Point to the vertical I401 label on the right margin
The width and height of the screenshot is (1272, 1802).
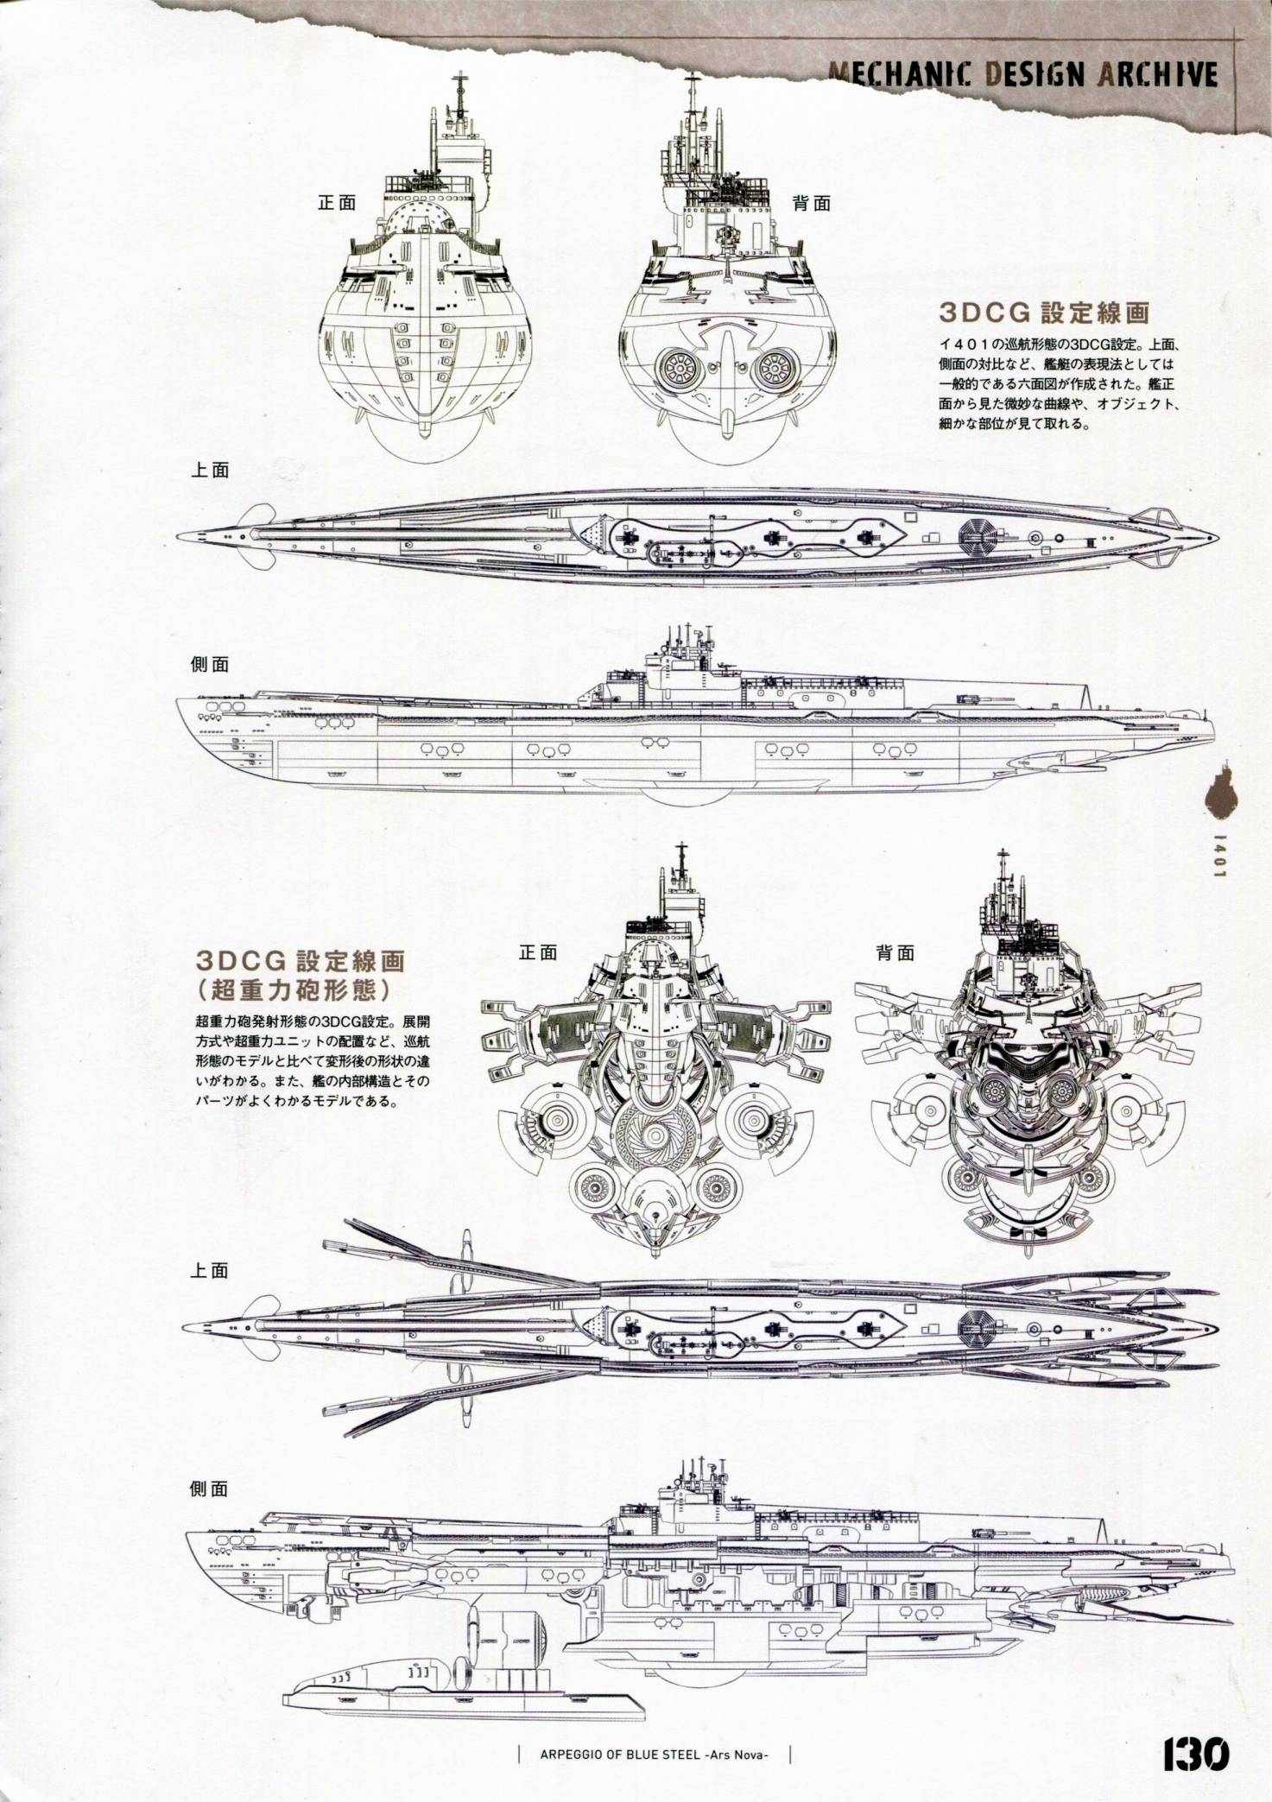tap(1218, 854)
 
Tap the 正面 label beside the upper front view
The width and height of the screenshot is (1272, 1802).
tap(337, 203)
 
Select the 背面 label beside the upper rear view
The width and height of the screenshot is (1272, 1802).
tap(811, 203)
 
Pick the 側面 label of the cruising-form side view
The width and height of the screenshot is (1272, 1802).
tap(210, 664)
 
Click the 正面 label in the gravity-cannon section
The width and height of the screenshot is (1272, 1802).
tap(537, 952)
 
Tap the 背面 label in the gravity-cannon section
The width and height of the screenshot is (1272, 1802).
tap(895, 952)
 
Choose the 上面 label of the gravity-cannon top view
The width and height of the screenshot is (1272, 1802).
tap(210, 1270)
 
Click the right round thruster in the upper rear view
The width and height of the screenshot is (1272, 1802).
tap(775, 369)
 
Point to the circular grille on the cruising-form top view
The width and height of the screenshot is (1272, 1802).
tap(984, 539)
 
